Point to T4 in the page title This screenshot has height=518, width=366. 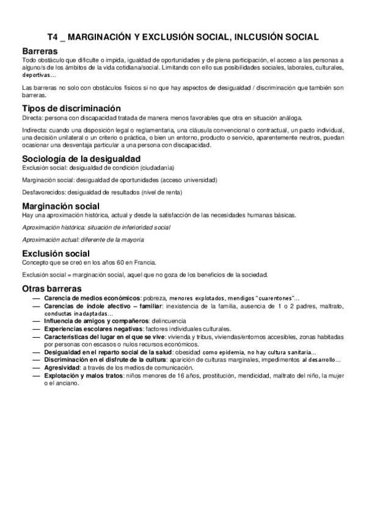(54, 37)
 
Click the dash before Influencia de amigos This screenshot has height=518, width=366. (35, 320)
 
